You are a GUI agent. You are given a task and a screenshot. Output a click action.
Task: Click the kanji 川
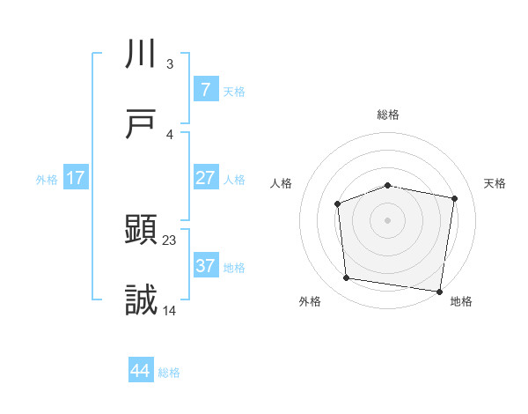coord(142,55)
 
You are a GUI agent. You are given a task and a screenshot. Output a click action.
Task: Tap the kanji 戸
coord(142,124)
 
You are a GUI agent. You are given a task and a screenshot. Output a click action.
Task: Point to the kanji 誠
coord(142,300)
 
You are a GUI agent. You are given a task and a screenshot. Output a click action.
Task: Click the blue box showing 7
coord(205,89)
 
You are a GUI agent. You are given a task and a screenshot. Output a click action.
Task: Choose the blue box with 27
coord(205,178)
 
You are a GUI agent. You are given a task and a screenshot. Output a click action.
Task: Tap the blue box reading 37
coord(205,266)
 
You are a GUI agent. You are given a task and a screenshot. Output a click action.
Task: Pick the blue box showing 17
coord(76,178)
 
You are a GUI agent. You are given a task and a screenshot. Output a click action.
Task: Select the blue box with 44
coord(141,371)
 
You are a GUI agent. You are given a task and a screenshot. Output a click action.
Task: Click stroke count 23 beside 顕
coord(170,240)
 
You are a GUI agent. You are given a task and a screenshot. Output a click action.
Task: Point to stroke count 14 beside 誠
coord(170,310)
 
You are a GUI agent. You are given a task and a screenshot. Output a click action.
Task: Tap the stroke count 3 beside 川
coord(169,63)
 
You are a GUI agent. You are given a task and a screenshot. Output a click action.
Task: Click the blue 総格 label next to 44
coord(169,373)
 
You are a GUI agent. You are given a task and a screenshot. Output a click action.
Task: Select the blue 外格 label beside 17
coord(47,179)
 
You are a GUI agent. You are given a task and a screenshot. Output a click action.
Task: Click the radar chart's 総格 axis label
coord(388,115)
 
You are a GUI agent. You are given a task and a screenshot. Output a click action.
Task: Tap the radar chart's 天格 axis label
coord(495,183)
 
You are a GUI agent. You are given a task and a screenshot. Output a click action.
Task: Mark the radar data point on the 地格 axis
coord(440,291)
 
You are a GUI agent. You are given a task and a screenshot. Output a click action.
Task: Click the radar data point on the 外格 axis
coord(347,278)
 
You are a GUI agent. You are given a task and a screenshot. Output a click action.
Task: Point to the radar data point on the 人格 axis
coord(337,204)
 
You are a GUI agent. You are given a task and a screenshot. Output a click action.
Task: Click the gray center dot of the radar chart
coord(388,219)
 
